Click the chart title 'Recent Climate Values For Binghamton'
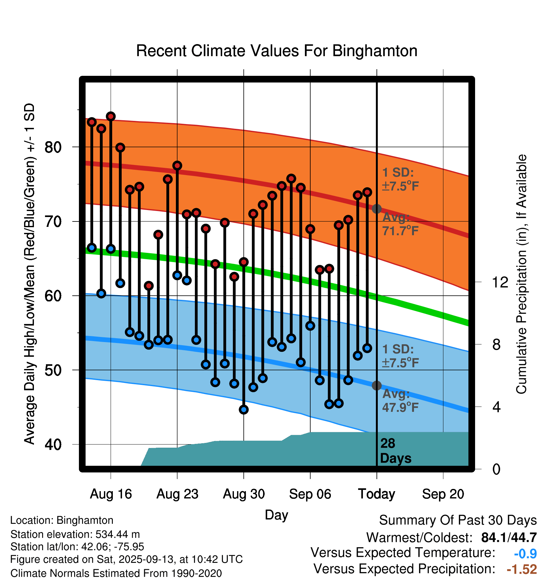coord(277,51)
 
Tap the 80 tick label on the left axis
coord(53,147)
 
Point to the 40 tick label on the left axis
coord(53,445)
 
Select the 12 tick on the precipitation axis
coord(500,282)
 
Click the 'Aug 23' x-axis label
coord(177,494)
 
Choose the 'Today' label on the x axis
coord(377,494)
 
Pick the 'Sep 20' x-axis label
coord(443,494)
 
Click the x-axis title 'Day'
coord(276,515)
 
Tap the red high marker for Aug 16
coord(111,116)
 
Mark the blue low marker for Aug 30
coord(244,409)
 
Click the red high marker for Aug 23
coord(177,166)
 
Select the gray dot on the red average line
coord(377,209)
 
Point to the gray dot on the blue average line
coord(377,386)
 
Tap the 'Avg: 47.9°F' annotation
coord(400,401)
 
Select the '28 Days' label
coord(395,451)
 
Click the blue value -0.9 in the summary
coord(525,554)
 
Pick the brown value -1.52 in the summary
coord(522,569)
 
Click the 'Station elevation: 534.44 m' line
coord(75,534)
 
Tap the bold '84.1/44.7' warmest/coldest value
coord(509,537)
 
